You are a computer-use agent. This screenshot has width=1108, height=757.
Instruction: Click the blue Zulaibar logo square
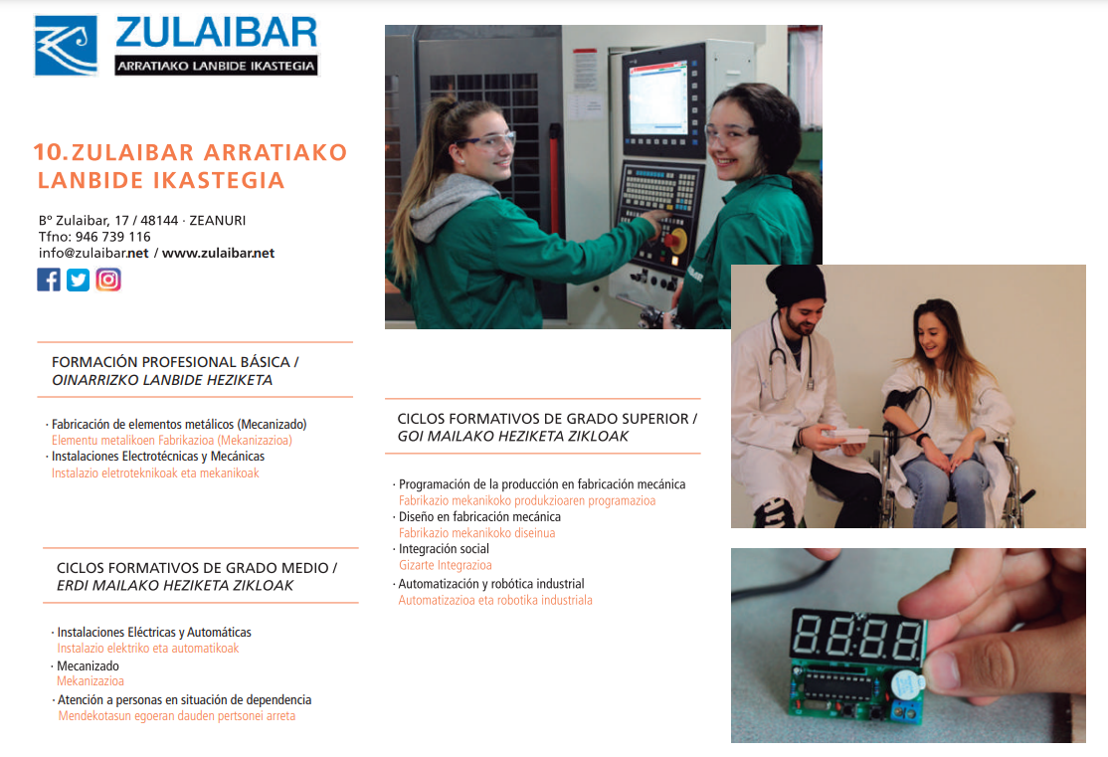point(66,46)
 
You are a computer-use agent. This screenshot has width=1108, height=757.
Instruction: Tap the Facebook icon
point(49,280)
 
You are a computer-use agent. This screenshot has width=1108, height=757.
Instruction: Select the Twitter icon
point(79,280)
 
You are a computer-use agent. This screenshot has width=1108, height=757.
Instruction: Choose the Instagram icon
point(108,280)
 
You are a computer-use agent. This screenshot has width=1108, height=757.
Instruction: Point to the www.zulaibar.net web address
point(218,253)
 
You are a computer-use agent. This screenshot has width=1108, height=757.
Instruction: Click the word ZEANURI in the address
point(218,220)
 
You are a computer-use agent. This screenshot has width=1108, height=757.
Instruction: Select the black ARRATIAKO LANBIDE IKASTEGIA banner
point(216,67)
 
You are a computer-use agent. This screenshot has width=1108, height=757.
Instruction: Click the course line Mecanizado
point(88,665)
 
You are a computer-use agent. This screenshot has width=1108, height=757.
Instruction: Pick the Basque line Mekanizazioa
point(91,681)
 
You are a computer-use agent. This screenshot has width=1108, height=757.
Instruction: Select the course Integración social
point(444,548)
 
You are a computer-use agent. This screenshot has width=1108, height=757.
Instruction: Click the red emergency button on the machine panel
point(675,241)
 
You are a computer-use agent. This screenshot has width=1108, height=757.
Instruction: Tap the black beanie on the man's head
point(796,284)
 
